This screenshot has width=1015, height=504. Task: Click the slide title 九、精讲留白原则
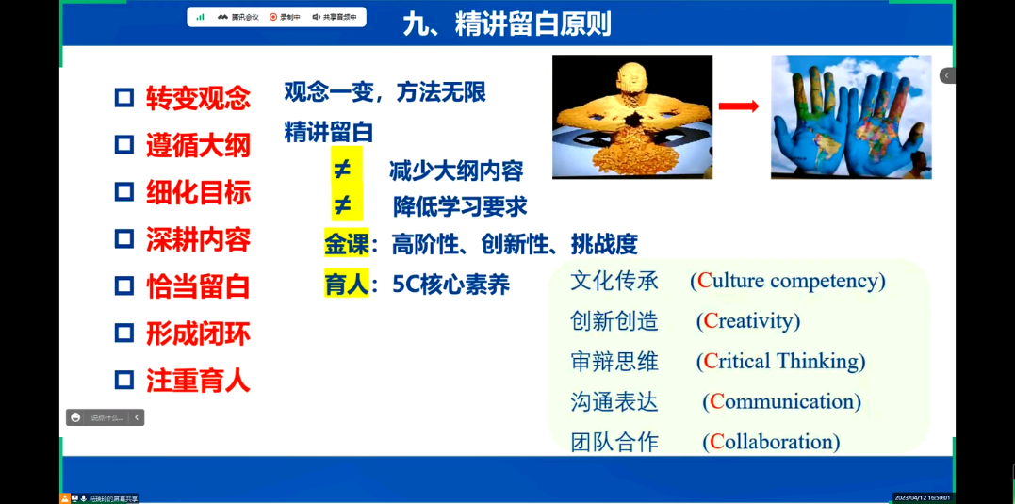pos(506,24)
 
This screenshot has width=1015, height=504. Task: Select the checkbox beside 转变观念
pos(124,98)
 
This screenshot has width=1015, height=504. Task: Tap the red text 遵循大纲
pos(198,145)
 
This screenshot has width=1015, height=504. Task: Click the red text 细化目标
pos(198,192)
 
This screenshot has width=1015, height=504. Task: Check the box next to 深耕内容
pos(124,239)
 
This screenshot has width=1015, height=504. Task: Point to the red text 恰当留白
pos(198,286)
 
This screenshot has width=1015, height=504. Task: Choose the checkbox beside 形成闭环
pos(124,333)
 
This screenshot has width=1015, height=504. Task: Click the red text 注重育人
pos(198,381)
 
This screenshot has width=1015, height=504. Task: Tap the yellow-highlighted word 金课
pos(346,244)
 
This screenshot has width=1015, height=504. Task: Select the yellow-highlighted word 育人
pos(346,284)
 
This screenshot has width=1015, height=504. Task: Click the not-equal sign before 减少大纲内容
pos(343,170)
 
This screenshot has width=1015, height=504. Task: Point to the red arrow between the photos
pos(739,106)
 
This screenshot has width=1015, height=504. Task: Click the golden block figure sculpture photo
pos(631,117)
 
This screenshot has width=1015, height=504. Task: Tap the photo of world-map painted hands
pos(850,117)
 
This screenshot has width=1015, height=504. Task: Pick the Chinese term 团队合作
pos(614,442)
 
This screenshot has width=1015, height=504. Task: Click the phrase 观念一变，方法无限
pos(385,92)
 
